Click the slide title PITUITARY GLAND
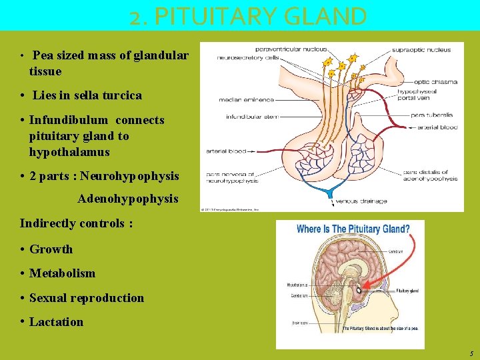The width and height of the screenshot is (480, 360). tap(248, 16)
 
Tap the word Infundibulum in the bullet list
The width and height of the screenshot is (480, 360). tap(77, 121)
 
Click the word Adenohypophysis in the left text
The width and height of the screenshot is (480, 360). tap(128, 199)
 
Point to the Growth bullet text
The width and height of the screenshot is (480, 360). tap(51, 249)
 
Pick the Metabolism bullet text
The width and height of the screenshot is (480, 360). tap(62, 273)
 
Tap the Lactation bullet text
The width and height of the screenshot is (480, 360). tap(56, 322)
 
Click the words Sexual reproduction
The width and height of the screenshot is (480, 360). tap(86, 298)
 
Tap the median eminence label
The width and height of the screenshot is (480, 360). tap(246, 100)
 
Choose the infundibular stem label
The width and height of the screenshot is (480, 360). tap(251, 117)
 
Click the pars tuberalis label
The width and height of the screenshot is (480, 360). tap(431, 115)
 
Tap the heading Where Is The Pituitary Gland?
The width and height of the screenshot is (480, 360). tap(353, 229)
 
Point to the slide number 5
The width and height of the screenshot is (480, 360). tap(470, 353)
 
